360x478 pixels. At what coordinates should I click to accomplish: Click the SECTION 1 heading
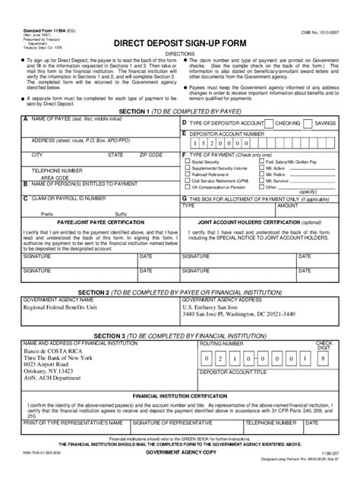tap(180, 111)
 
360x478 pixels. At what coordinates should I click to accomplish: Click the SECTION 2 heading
tap(180, 291)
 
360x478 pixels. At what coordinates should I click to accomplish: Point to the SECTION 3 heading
tap(180, 335)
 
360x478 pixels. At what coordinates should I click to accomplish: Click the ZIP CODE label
tap(151, 154)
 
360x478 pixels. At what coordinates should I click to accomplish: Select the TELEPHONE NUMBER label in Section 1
tap(56, 171)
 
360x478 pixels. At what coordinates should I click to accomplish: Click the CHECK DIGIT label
tap(324, 346)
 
